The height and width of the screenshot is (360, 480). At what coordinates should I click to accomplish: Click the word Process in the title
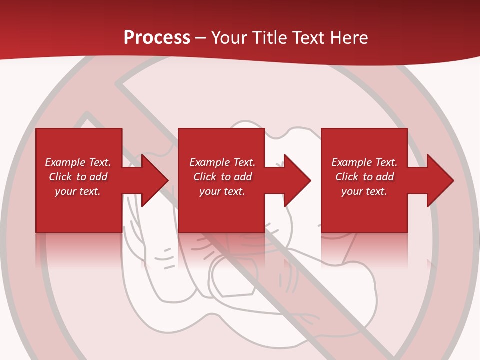coord(157,38)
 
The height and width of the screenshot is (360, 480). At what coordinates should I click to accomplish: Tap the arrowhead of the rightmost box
coord(440,180)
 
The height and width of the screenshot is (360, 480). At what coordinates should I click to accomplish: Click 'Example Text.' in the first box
coord(78,162)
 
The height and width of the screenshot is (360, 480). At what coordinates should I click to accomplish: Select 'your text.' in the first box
coord(78,191)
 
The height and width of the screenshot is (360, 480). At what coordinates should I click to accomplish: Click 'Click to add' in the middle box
coord(222,177)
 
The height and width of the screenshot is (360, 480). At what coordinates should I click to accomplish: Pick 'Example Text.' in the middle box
coord(222,162)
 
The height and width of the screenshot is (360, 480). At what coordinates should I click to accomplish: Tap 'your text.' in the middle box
coord(222,191)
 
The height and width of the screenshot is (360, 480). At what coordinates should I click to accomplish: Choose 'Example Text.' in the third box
coord(364,162)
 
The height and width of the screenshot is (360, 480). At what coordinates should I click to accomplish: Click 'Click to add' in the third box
coord(364,177)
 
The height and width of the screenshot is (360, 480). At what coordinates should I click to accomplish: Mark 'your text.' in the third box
coord(364,191)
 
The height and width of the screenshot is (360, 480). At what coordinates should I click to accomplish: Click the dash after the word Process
coord(200,38)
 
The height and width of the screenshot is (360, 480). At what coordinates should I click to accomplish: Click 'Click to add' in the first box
coord(78,177)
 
